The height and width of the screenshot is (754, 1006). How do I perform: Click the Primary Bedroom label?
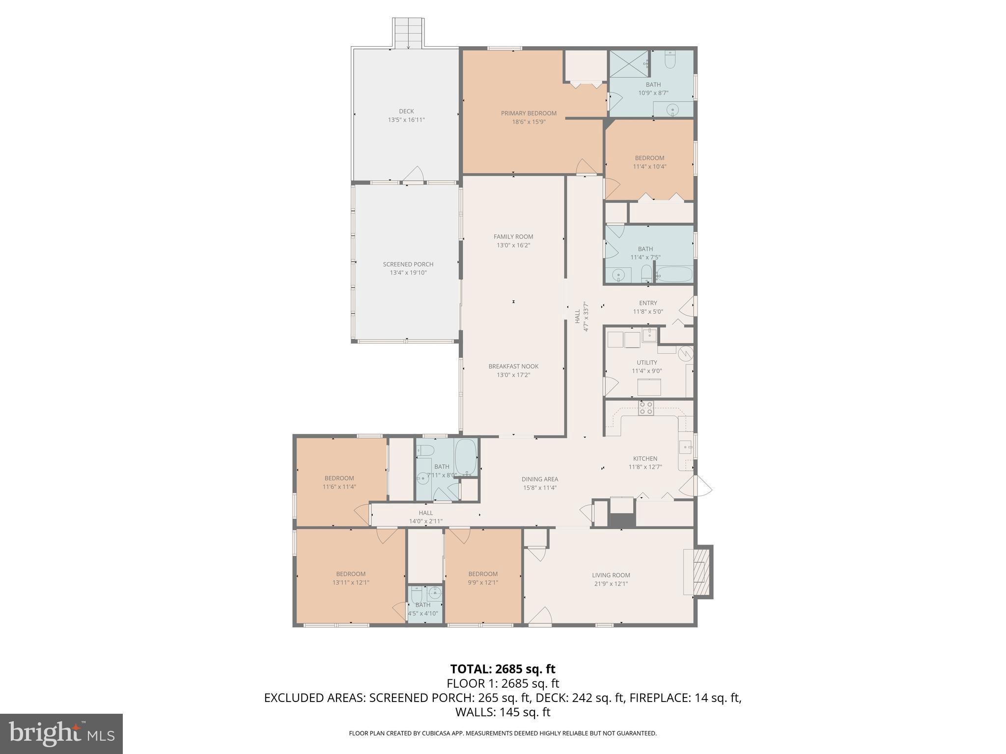point(529,113)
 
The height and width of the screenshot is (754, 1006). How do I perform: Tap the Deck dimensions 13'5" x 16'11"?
point(406,120)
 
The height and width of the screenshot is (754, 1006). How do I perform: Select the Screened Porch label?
point(408,264)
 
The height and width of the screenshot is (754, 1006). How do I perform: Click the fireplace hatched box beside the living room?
point(703,572)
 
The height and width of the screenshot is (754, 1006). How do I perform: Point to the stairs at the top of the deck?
point(408,33)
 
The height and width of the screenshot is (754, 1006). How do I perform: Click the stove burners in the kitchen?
point(645,408)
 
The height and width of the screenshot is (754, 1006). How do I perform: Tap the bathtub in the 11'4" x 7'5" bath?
point(674,274)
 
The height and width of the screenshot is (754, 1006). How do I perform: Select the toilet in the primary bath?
point(671,60)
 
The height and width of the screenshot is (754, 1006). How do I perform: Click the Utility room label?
point(646,363)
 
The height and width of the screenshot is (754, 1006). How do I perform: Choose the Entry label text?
point(648,303)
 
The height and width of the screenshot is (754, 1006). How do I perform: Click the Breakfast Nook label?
point(513,366)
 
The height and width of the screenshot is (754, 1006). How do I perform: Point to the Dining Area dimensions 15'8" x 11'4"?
point(540,488)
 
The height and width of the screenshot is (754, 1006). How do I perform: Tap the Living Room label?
point(611,575)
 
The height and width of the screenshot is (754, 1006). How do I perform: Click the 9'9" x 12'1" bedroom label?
point(483,574)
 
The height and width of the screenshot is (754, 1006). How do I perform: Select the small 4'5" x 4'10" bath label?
point(422,605)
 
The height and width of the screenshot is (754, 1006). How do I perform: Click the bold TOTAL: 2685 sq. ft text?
point(503,669)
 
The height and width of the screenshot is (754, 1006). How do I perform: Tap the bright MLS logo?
point(61,734)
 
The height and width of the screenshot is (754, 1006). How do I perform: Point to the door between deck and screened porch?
point(414,175)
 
